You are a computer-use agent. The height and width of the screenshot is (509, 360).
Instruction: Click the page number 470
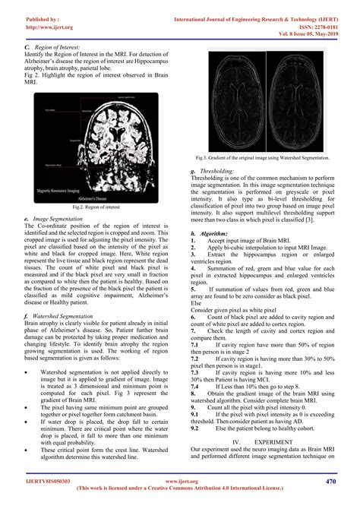(x=330, y=481)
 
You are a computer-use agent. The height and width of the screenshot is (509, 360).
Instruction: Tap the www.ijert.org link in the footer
(x=181, y=482)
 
